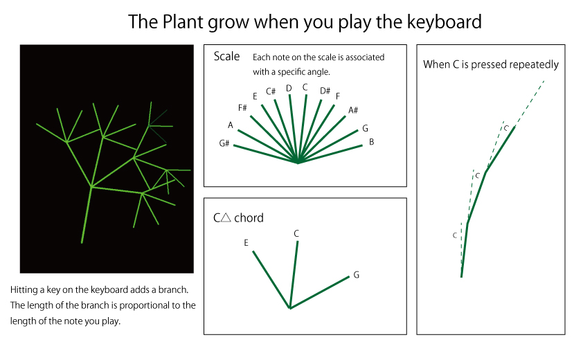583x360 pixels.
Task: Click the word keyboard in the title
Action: point(445,21)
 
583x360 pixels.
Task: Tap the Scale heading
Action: point(226,56)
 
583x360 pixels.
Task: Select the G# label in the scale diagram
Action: point(224,143)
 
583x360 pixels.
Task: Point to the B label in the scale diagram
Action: point(371,142)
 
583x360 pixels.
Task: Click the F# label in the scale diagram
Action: point(242,108)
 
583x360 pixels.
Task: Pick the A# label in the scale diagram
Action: point(353,110)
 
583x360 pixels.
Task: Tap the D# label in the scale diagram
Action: point(325,91)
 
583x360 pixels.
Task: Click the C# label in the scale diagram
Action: point(271,91)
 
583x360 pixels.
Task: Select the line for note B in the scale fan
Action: point(330,154)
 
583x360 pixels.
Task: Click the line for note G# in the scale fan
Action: point(265,154)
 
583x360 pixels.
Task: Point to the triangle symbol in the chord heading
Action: point(226,217)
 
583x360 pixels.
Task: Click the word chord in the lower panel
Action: point(249,217)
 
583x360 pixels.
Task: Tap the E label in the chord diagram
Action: point(246,243)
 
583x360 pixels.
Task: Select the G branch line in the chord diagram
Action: point(320,292)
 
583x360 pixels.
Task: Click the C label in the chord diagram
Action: point(296,233)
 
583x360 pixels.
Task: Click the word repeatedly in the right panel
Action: point(534,64)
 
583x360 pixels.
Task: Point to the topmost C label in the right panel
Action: point(506,128)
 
